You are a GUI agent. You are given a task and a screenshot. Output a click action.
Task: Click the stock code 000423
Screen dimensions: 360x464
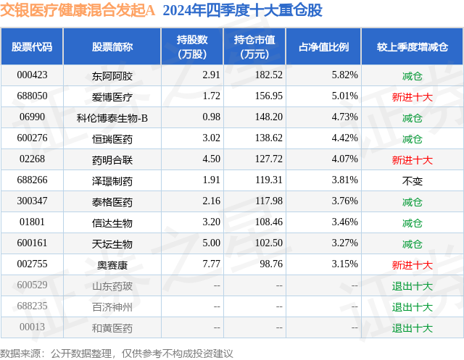(32, 75)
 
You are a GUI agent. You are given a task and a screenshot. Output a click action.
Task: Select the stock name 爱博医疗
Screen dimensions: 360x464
(112, 96)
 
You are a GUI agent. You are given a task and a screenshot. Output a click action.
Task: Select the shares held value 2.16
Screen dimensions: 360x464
(191, 201)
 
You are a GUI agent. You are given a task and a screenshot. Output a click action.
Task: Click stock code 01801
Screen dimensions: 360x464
(32, 222)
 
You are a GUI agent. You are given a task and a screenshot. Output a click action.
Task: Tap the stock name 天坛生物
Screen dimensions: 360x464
(112, 243)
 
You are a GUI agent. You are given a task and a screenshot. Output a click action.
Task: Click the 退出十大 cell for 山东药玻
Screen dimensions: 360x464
(412, 285)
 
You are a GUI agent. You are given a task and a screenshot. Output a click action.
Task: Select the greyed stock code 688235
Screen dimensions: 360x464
(32, 306)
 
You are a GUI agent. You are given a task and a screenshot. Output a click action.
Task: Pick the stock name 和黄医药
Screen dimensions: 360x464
(112, 327)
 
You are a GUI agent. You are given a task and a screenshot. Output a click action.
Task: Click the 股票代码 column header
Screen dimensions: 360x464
(32, 47)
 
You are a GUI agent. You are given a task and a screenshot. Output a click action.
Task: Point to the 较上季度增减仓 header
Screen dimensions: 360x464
(412, 47)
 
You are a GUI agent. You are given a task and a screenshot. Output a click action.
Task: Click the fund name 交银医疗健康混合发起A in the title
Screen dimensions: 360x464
(79, 11)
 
